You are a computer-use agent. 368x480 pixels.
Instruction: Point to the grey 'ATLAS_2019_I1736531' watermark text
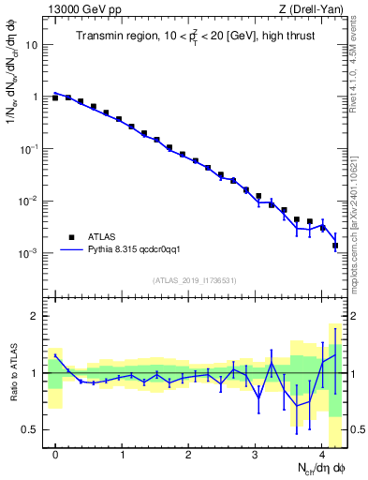[194, 279]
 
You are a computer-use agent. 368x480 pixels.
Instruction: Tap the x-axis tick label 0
[55, 455]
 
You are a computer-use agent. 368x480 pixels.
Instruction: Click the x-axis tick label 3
[256, 455]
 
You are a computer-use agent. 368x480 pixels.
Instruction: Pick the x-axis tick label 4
[322, 455]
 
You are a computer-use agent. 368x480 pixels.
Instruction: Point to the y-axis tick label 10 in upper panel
[30, 44]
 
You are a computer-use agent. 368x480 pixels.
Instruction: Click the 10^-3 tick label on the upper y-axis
[28, 254]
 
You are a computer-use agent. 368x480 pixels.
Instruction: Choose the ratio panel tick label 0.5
[28, 429]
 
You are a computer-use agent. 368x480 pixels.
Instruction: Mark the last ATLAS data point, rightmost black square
[335, 246]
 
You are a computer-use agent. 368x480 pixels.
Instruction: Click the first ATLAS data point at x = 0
[55, 97]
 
